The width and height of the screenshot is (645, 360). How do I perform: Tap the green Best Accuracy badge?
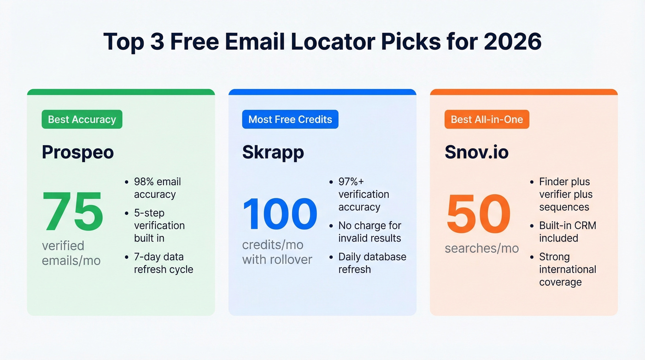[82, 119]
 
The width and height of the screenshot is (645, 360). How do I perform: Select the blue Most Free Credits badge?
[290, 119]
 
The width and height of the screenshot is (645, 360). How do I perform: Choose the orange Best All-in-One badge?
[487, 119]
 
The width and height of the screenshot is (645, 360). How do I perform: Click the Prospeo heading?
[78, 152]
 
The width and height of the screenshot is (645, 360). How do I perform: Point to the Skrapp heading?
[273, 152]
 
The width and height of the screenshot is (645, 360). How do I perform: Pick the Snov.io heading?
[477, 152]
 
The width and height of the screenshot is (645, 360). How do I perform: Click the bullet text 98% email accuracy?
[157, 188]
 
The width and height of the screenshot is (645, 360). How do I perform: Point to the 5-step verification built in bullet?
[159, 225]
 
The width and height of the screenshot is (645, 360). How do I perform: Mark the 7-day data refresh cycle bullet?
[163, 263]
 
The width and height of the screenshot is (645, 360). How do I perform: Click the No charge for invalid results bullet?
[369, 232]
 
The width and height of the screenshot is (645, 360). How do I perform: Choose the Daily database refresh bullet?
[372, 263]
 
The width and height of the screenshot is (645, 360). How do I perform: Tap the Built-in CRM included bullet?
[568, 232]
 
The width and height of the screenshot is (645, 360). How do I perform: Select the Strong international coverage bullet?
[568, 270]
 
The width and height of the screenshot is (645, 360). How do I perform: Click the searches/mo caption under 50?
[481, 249]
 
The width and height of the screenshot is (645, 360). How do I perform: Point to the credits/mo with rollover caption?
[277, 252]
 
